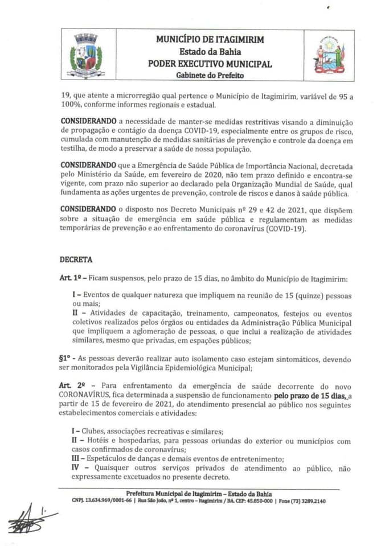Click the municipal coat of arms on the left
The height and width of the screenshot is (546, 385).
(x=86, y=56)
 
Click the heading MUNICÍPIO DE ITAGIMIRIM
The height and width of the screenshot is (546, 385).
(x=210, y=39)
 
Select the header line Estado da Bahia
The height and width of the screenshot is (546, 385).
(x=210, y=52)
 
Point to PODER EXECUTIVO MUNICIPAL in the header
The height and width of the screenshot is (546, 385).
(x=210, y=64)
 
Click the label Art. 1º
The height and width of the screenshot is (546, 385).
(x=69, y=279)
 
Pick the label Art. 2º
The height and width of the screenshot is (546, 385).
(x=71, y=385)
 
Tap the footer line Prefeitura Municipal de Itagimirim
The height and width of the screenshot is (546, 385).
(x=204, y=493)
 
